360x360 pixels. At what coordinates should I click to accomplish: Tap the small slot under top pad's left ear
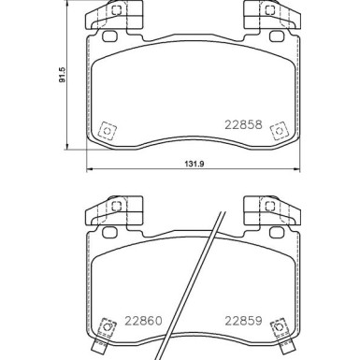[x=108, y=36]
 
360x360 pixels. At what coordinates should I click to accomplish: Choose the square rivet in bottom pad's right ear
[x=268, y=205]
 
